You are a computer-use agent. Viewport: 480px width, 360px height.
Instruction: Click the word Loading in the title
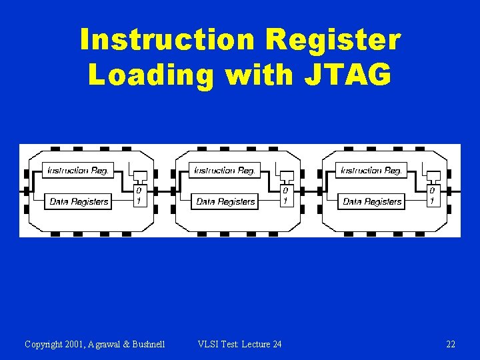[x=152, y=75]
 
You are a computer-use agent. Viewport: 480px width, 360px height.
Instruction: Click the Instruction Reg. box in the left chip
[x=78, y=170]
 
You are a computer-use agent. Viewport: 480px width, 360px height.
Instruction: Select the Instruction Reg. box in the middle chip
[x=225, y=170]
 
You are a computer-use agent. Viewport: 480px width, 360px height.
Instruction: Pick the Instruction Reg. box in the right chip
[x=371, y=170]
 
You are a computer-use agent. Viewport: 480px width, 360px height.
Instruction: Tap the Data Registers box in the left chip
[x=79, y=201]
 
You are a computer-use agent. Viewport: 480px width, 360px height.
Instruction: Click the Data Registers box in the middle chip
[x=225, y=201]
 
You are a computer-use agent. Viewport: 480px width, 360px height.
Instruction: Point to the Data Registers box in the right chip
[x=372, y=201]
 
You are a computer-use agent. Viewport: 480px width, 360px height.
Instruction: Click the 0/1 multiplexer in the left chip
[x=139, y=195]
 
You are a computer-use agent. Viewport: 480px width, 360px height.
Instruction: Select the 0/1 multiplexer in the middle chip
[x=285, y=195]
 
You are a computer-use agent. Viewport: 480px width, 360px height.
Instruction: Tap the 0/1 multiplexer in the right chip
[x=432, y=195]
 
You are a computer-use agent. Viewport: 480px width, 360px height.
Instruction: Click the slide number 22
[x=451, y=344]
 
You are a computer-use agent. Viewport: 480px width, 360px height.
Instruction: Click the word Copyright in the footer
[x=43, y=344]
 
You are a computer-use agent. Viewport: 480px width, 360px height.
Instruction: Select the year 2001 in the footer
[x=74, y=344]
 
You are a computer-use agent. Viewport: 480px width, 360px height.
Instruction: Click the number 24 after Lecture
[x=277, y=344]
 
